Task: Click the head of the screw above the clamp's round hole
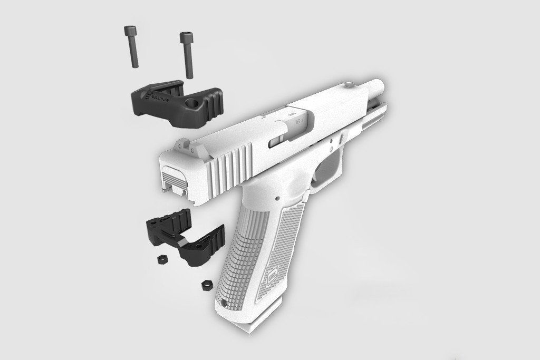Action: (185, 37)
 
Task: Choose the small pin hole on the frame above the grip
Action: (275, 200)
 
